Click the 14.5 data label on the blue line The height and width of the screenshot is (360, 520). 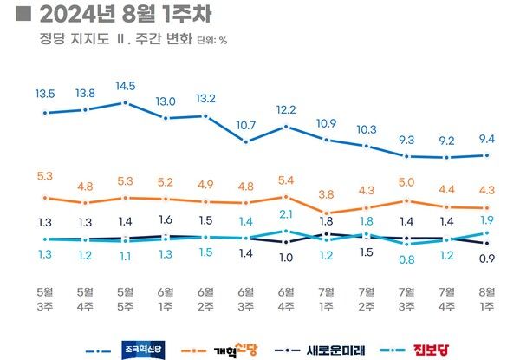point(125,86)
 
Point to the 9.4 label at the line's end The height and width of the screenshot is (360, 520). point(486,137)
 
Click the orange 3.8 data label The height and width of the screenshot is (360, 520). point(326,194)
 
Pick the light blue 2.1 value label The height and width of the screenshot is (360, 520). point(285,214)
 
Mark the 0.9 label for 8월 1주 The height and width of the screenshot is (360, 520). point(486,259)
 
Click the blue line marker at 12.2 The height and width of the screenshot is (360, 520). point(286,127)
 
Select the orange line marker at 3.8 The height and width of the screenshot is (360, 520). point(326,213)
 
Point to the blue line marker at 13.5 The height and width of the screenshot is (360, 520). point(45,113)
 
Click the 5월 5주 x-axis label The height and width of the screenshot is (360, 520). point(125,299)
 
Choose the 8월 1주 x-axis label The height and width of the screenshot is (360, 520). point(486,299)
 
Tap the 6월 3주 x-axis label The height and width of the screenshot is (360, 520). point(245,299)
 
